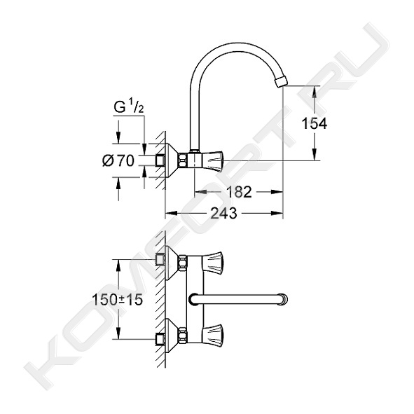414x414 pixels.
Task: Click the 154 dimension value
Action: (x=315, y=123)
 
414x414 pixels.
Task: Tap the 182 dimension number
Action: (x=239, y=192)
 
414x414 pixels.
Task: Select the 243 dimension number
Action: (x=223, y=213)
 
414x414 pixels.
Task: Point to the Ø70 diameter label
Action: (x=118, y=160)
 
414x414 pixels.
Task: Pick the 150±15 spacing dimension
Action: (x=118, y=300)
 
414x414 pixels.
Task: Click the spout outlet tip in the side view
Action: (x=280, y=81)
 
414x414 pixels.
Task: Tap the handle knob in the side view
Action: (x=213, y=160)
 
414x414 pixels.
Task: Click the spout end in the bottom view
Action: (x=284, y=299)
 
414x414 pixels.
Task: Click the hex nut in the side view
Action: (x=182, y=160)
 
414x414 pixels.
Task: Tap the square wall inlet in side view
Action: (x=160, y=160)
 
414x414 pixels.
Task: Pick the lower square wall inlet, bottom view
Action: (x=160, y=339)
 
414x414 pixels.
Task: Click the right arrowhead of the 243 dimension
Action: (x=277, y=213)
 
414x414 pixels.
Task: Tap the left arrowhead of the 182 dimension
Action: (x=201, y=192)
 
